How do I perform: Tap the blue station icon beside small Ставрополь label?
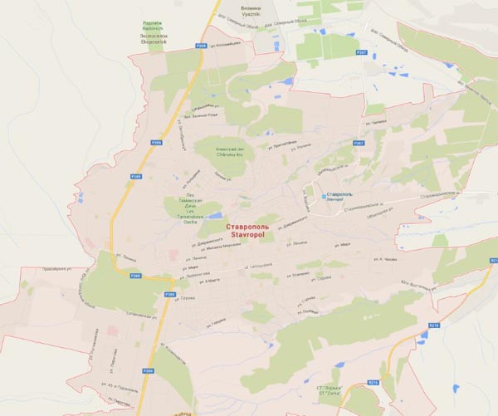tap(323, 197)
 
